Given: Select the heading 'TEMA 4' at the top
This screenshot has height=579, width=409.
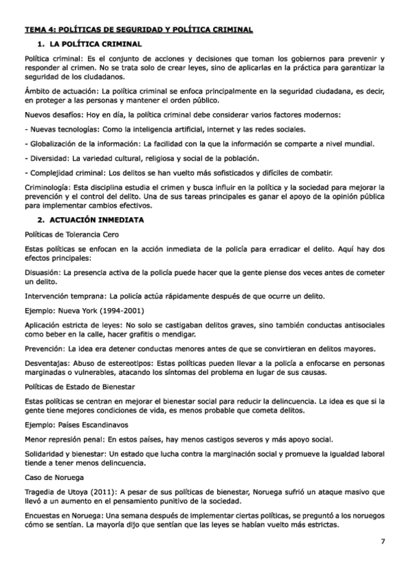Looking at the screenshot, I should [41, 29].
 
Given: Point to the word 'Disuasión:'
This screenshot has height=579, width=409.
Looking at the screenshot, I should [44, 272].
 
